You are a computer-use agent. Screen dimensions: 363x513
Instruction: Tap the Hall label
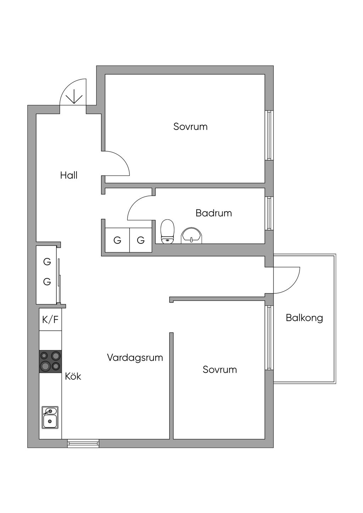click(69, 175)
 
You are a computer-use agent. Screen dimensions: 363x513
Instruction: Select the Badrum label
click(214, 213)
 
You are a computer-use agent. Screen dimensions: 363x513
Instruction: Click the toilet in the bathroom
click(167, 231)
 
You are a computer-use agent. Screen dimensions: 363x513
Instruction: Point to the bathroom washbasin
click(191, 236)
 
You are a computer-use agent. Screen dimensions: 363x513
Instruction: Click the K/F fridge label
click(50, 320)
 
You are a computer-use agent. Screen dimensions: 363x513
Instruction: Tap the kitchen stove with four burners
click(50, 361)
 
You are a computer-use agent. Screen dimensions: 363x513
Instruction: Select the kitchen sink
click(50, 417)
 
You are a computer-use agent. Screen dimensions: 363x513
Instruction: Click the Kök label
click(73, 376)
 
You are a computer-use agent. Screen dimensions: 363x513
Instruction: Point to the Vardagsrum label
click(135, 357)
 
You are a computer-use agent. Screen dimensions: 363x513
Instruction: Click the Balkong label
click(305, 318)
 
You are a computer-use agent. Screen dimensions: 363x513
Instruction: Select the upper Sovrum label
click(190, 126)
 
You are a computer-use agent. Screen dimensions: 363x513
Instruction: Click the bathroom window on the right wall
click(269, 213)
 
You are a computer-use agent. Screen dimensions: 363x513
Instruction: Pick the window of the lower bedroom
click(269, 338)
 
